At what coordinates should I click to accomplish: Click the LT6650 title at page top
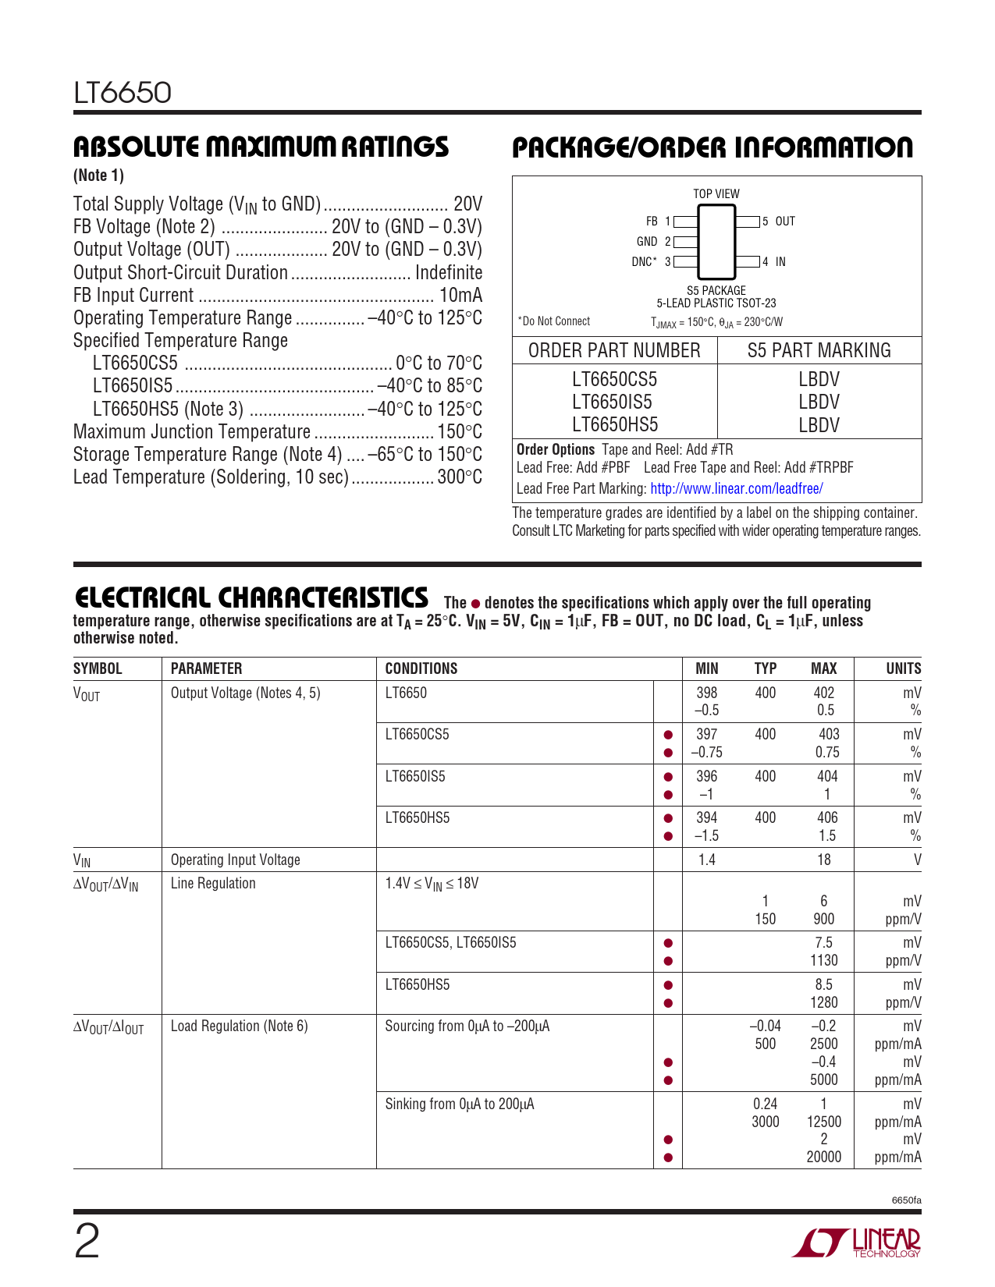[x=123, y=93]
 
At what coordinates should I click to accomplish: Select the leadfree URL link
[x=736, y=489]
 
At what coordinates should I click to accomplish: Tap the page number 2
[x=87, y=1242]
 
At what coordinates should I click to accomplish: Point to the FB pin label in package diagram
[x=652, y=222]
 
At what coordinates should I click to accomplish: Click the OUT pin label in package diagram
[x=785, y=222]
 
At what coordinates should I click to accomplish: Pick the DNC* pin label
[x=644, y=262]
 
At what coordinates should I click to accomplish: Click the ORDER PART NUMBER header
[x=614, y=351]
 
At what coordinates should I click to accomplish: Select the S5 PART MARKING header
[x=819, y=351]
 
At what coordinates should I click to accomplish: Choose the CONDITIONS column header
[x=421, y=668]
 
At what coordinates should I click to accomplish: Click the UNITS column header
[x=903, y=668]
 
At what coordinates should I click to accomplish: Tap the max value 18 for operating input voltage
[x=824, y=860]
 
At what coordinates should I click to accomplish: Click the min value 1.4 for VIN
[x=707, y=860]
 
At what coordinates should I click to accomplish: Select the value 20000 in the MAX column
[x=824, y=1157]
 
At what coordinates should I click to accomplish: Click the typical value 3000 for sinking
[x=766, y=1122]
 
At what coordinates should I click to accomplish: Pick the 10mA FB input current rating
[x=460, y=296]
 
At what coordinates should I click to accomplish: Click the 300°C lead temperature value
[x=460, y=477]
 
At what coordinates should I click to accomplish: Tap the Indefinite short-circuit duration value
[x=449, y=273]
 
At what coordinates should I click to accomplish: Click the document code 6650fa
[x=906, y=1200]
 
